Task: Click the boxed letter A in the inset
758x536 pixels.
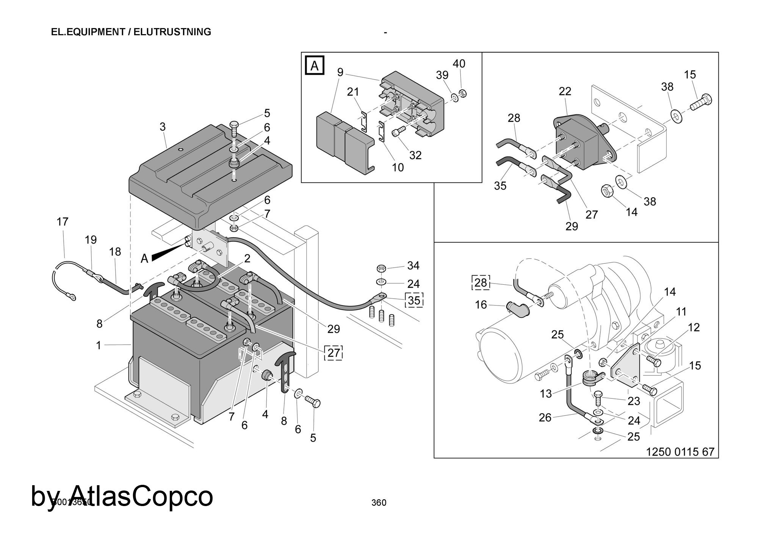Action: click(315, 66)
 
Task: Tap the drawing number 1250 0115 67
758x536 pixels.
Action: click(680, 452)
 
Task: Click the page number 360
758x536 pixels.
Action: click(379, 503)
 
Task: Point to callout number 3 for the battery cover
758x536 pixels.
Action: click(163, 127)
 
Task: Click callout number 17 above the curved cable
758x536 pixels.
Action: click(63, 222)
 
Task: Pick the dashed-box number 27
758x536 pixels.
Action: click(334, 353)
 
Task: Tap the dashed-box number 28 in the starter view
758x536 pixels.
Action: click(481, 282)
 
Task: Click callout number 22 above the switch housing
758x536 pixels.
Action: click(565, 91)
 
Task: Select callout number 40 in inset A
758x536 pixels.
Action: click(459, 64)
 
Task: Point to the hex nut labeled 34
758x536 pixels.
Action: click(381, 268)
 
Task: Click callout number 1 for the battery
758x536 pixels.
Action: click(99, 345)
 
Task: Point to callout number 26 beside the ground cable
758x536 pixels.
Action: click(545, 418)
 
